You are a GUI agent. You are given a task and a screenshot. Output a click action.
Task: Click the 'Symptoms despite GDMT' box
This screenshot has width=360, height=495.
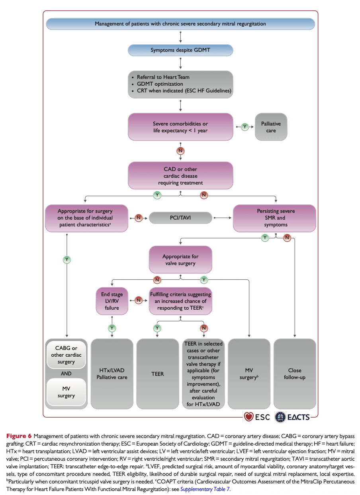pyautogui.click(x=180, y=50)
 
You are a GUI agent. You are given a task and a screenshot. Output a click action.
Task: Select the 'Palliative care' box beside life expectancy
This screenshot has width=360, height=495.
pyautogui.click(x=271, y=127)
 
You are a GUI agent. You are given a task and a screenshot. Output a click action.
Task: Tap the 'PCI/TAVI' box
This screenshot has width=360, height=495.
pyautogui.click(x=180, y=218)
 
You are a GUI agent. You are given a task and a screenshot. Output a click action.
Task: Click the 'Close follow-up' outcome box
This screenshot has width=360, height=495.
pyautogui.click(x=295, y=373)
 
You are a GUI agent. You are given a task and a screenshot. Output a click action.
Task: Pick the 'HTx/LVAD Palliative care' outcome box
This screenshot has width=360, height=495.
pyautogui.click(x=112, y=373)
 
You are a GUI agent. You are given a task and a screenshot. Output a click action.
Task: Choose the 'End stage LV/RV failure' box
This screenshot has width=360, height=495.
pyautogui.click(x=112, y=301)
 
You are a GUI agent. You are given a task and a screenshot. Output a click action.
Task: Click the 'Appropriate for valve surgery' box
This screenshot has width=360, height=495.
pyautogui.click(x=180, y=260)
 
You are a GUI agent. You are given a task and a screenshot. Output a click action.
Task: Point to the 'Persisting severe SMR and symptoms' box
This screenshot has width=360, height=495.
pyautogui.click(x=274, y=218)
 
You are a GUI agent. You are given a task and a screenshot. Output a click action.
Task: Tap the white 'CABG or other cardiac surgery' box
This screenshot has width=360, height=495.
pyautogui.click(x=66, y=355)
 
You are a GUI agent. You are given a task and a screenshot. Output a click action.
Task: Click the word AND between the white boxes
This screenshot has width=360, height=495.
pyautogui.click(x=66, y=373)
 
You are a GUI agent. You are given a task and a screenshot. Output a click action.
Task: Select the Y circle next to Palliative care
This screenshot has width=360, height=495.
pyautogui.click(x=245, y=126)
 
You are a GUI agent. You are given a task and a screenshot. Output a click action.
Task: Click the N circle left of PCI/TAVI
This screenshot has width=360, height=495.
pyautogui.click(x=139, y=218)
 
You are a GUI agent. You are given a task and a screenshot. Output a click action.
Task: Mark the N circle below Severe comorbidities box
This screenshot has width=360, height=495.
pyautogui.click(x=181, y=151)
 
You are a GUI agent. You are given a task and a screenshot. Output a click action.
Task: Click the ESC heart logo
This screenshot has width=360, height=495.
pyautogui.click(x=249, y=417)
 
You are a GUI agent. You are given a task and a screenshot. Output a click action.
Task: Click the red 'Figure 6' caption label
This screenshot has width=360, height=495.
pyautogui.click(x=19, y=436)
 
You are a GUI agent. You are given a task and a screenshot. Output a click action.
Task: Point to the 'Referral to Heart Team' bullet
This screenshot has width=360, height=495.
pyautogui.click(x=163, y=77)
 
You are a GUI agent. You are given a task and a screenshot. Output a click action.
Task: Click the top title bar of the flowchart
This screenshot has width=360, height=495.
pyautogui.click(x=180, y=24)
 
